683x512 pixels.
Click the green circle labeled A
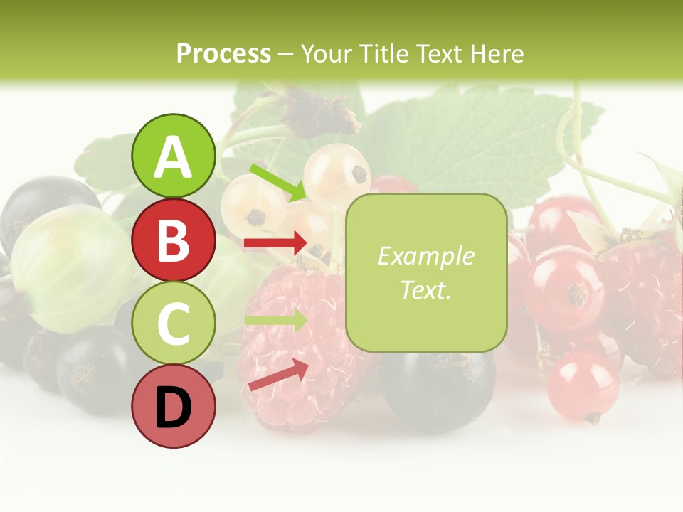[x=173, y=156]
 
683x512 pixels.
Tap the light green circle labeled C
[x=173, y=323]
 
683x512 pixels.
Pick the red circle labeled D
[x=173, y=406]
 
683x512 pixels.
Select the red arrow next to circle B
[x=275, y=243]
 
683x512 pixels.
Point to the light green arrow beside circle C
[x=275, y=320]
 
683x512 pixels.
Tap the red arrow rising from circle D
[x=278, y=375]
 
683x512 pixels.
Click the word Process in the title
[x=223, y=53]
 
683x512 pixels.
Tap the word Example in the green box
[x=425, y=256]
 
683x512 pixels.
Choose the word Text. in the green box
[x=425, y=289]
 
